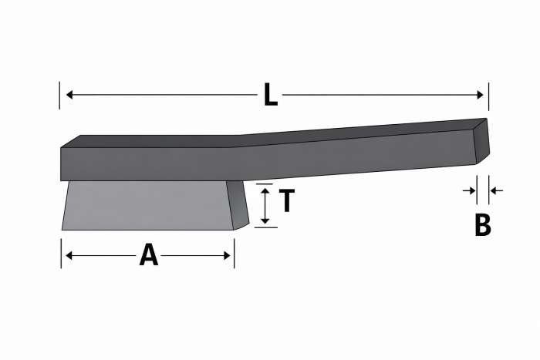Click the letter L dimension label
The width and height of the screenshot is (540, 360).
(271, 94)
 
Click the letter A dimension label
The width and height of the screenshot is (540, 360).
(149, 254)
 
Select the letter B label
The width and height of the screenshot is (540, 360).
(482, 225)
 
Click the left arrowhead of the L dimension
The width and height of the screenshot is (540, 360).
(69, 94)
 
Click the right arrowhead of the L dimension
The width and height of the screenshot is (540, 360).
(480, 95)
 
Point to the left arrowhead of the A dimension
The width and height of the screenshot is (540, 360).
(69, 256)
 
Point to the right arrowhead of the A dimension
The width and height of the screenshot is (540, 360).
(227, 256)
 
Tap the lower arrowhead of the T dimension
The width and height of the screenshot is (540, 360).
(265, 220)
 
